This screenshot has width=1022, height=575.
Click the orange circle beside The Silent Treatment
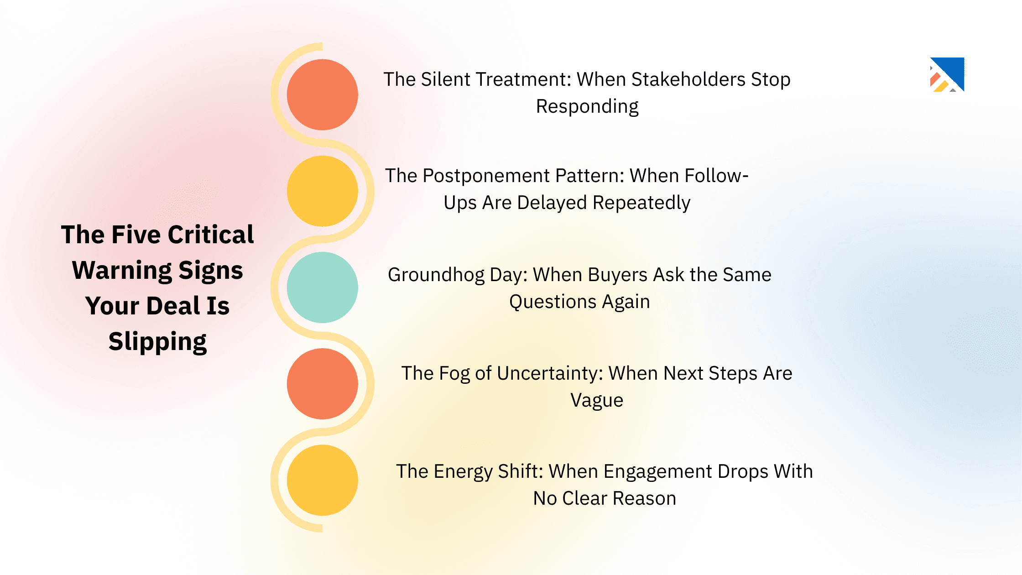click(322, 94)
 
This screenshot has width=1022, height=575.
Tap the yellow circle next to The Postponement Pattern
click(322, 191)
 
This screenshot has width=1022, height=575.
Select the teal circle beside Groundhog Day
click(322, 287)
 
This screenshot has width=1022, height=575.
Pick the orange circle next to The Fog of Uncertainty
click(322, 384)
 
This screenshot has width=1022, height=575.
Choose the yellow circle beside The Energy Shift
click(322, 480)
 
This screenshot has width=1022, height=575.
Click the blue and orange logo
click(947, 74)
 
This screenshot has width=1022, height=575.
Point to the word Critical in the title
click(211, 235)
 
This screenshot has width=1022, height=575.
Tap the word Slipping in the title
click(157, 341)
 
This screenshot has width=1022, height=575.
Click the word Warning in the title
click(122, 270)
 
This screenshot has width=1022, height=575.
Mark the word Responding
click(587, 106)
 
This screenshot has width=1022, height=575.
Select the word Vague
click(597, 400)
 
